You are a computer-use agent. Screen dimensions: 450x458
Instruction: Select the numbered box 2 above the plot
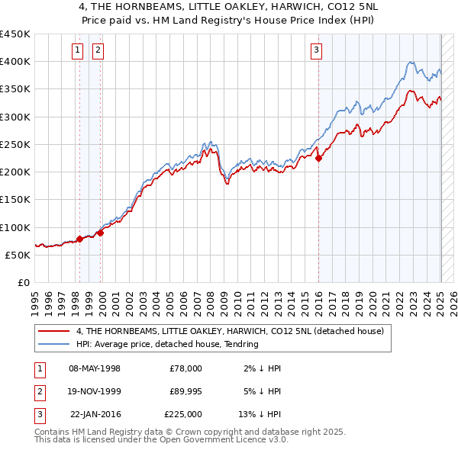pyautogui.click(x=99, y=51)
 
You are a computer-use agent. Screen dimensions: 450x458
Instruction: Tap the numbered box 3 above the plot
pyautogui.click(x=316, y=51)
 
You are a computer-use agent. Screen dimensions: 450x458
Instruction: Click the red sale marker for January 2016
pyautogui.click(x=319, y=159)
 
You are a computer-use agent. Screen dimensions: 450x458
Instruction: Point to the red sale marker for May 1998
pyautogui.click(x=79, y=239)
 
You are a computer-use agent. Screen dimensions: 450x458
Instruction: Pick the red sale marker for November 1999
pyautogui.click(x=100, y=233)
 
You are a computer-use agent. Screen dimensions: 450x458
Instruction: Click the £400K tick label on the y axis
pyautogui.click(x=15, y=62)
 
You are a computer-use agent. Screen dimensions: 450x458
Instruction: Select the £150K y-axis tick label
pyautogui.click(x=15, y=200)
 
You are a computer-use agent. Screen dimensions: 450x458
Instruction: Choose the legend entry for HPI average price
pyautogui.click(x=167, y=344)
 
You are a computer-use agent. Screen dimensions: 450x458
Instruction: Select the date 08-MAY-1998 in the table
pyautogui.click(x=95, y=368)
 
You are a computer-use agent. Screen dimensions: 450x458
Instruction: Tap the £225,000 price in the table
pyautogui.click(x=182, y=414)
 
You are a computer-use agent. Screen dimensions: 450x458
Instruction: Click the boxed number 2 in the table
pyautogui.click(x=38, y=391)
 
